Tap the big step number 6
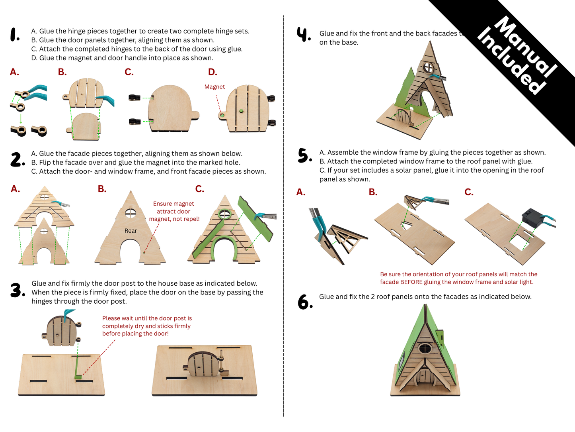(305, 302)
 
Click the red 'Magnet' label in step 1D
(214, 87)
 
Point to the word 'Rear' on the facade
(131, 231)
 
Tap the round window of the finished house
(425, 348)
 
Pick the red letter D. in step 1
(212, 72)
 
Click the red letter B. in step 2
(102, 189)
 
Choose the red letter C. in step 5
(469, 192)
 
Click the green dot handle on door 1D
(241, 111)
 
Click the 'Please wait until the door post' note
(147, 326)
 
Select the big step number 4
(304, 34)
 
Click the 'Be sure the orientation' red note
(458, 278)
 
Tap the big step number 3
(17, 290)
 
